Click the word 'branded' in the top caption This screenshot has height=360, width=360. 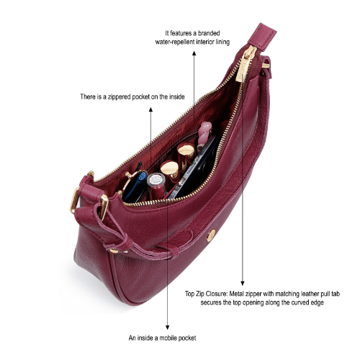point(209,33)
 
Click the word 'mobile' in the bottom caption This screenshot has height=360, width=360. point(168,338)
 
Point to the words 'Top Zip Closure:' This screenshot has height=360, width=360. point(206,294)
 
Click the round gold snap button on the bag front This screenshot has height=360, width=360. point(211,235)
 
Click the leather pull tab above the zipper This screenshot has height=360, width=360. point(262,37)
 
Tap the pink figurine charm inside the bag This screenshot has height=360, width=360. point(204,133)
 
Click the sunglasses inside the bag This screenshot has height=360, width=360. point(135,185)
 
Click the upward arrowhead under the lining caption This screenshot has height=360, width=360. point(194,53)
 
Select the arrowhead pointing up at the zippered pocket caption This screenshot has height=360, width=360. point(150,109)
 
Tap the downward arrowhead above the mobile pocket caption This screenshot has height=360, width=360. point(168,328)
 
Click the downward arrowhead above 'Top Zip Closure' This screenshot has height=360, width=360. point(243,283)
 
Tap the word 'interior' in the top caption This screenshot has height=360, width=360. point(205,42)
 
